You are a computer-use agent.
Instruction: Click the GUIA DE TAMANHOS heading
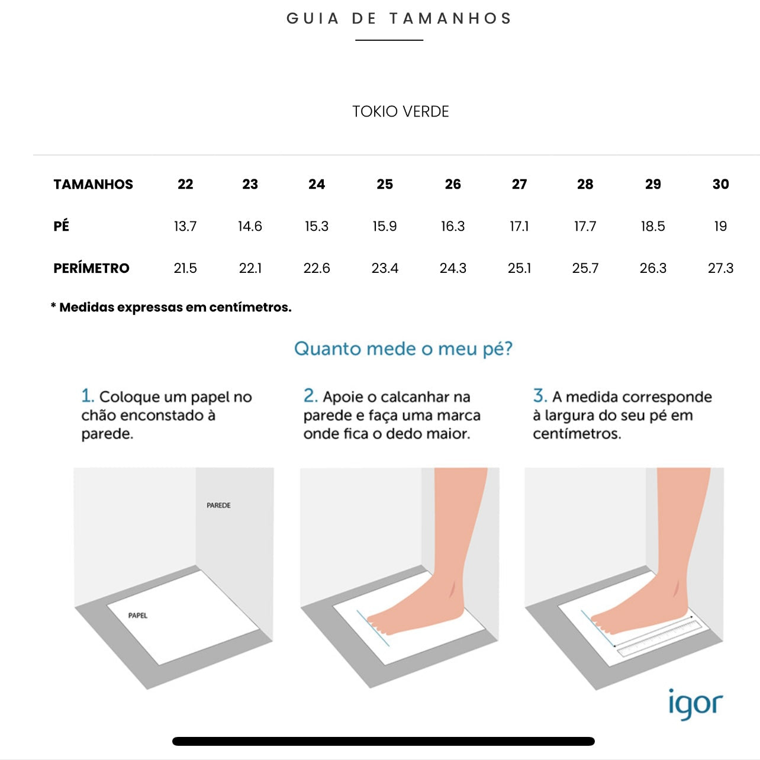(399, 18)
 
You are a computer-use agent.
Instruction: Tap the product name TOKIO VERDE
(400, 112)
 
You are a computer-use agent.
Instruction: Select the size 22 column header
(185, 184)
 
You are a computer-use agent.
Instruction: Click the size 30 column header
(720, 184)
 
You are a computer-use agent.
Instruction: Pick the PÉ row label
(61, 226)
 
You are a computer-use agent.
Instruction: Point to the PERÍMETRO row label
(91, 268)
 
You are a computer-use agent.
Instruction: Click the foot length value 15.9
(385, 226)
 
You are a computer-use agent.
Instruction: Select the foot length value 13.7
(185, 226)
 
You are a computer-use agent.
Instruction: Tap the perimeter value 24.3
(453, 268)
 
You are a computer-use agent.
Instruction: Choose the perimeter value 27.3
(720, 268)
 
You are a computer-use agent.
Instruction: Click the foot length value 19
(720, 226)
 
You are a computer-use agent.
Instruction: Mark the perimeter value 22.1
(250, 268)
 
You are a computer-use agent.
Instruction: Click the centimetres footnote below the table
(171, 307)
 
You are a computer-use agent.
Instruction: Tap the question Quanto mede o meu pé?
(403, 349)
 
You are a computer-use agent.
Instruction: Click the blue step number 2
(310, 395)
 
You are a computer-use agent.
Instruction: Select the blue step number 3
(540, 395)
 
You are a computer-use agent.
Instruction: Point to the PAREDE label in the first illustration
(218, 505)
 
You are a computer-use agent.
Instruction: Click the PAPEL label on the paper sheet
(138, 616)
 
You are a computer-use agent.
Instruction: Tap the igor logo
(695, 704)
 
